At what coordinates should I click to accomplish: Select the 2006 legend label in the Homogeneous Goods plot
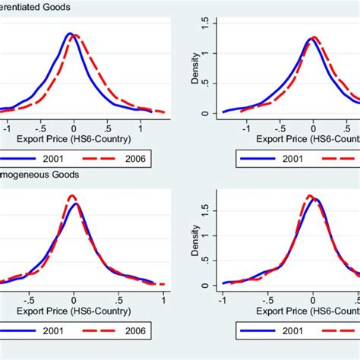136,330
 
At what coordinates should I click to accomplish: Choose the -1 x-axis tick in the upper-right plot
246,128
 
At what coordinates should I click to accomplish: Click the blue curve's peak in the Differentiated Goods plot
69,33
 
